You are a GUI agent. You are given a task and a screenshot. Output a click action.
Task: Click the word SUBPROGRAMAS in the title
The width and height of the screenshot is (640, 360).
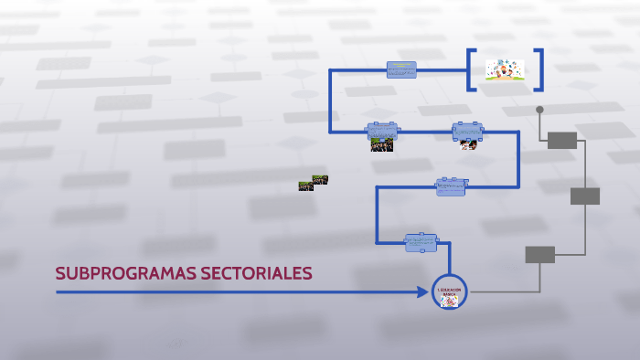(119, 273)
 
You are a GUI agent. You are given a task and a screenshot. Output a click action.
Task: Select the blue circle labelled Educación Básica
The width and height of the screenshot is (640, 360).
(449, 292)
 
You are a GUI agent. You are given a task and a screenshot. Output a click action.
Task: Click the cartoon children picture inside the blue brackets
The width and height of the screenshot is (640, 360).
(505, 70)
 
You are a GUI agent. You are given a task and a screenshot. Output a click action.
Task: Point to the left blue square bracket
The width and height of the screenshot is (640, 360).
(471, 69)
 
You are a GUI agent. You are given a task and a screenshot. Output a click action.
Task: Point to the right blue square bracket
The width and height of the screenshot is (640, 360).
(539, 69)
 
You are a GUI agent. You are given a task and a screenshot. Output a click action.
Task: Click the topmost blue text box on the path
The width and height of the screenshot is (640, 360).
(401, 69)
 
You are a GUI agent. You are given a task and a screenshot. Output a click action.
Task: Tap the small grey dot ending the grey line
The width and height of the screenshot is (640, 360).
(539, 110)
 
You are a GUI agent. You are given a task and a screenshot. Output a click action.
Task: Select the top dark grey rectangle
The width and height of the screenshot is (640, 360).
(562, 140)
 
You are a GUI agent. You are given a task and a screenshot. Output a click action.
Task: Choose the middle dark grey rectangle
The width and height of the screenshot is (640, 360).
(585, 196)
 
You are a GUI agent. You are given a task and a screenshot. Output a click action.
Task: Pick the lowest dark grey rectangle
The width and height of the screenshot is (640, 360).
(539, 254)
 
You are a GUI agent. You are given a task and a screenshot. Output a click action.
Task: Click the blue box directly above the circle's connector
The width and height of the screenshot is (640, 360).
(421, 242)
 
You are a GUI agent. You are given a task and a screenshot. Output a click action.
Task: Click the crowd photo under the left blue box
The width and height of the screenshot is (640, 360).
(382, 144)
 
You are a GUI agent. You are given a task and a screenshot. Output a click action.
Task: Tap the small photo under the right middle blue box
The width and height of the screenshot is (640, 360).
(468, 144)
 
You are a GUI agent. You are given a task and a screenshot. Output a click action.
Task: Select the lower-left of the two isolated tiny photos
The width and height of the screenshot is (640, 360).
(305, 185)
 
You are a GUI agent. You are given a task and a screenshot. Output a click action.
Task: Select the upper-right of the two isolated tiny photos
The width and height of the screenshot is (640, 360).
(320, 180)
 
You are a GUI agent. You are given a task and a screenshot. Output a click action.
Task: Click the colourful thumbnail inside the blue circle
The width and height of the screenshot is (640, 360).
(449, 301)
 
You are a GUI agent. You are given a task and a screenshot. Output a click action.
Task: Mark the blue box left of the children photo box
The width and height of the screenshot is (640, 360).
(382, 131)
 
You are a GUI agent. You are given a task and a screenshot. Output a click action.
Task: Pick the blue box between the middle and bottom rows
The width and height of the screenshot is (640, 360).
(451, 186)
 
